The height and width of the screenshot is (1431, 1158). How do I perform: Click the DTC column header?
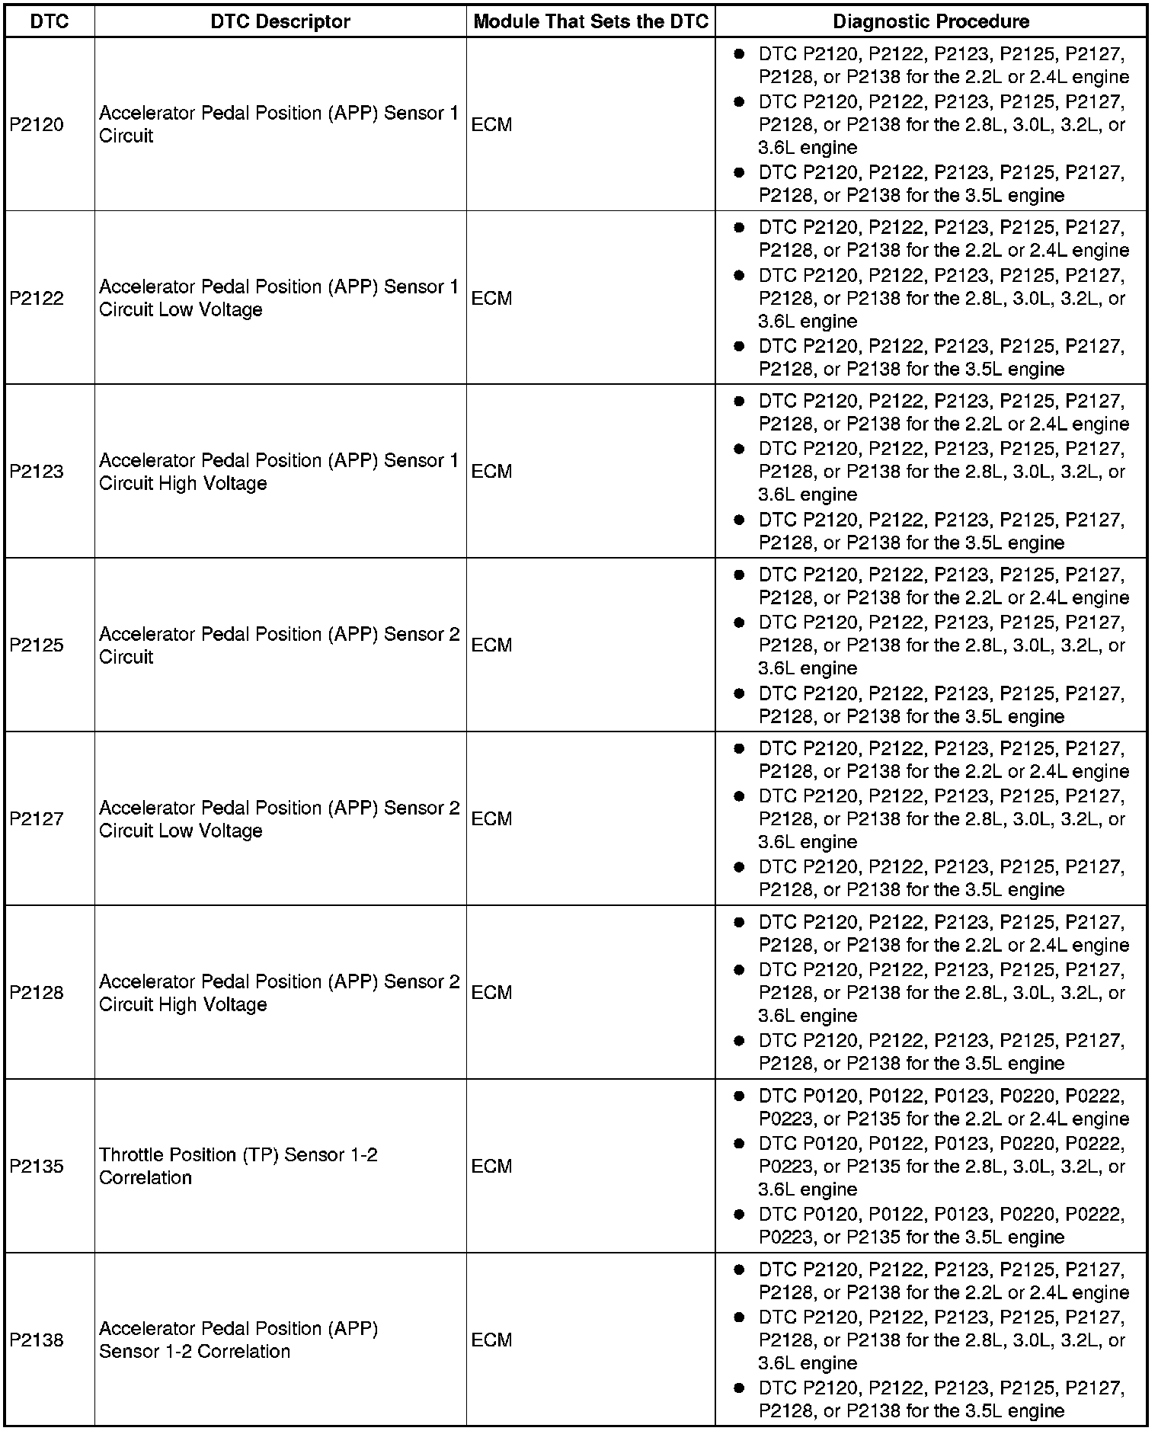coord(49,21)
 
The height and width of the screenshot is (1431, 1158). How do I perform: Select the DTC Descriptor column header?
coord(280,21)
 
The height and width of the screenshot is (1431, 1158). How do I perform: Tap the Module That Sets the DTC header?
coord(590,21)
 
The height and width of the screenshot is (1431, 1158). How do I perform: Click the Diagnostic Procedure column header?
coord(930,21)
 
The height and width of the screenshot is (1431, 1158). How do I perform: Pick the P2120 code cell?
coord(37,125)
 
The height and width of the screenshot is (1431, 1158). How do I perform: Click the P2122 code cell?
coord(37,299)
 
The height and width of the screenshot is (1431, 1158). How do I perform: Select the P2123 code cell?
coord(37,472)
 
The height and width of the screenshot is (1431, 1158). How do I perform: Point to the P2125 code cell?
coord(37,645)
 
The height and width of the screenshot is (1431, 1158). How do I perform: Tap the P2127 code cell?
coord(37,819)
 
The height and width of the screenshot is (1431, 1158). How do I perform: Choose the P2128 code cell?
coord(37,993)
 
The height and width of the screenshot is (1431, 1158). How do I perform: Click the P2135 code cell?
coord(37,1167)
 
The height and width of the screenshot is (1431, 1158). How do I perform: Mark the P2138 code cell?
coord(37,1340)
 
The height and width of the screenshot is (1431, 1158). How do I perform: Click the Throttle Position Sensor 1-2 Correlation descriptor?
coord(238,1167)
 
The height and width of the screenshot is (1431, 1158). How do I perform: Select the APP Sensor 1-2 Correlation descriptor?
coord(238,1340)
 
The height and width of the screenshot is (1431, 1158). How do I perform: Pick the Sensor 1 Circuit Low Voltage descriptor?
coord(279,299)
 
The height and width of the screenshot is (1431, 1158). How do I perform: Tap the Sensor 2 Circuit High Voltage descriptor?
coord(279,993)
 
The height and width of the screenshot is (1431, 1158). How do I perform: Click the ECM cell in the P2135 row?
coord(491,1167)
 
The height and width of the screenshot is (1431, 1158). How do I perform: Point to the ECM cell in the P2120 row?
coord(491,125)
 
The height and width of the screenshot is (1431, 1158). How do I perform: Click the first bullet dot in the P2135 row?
coord(738,1096)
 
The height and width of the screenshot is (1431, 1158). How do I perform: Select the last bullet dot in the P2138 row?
coord(738,1388)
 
